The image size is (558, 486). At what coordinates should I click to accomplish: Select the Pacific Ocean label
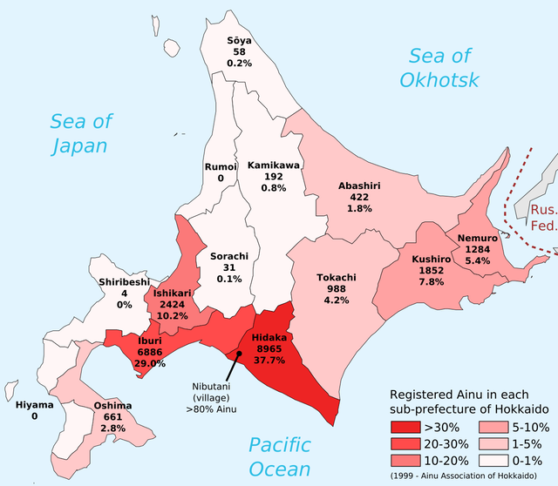point(279,457)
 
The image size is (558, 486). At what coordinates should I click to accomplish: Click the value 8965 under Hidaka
point(268,348)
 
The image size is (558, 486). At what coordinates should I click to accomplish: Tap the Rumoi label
point(220,166)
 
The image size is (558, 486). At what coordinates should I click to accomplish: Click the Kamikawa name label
point(274,165)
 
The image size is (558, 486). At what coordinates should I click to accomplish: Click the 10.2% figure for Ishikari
point(173,316)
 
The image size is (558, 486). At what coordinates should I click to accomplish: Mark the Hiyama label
point(35,405)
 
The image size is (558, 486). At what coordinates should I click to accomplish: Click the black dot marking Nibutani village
point(238,354)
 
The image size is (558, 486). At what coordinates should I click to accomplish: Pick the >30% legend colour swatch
point(405,427)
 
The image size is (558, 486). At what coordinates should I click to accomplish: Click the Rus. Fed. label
point(544,218)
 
